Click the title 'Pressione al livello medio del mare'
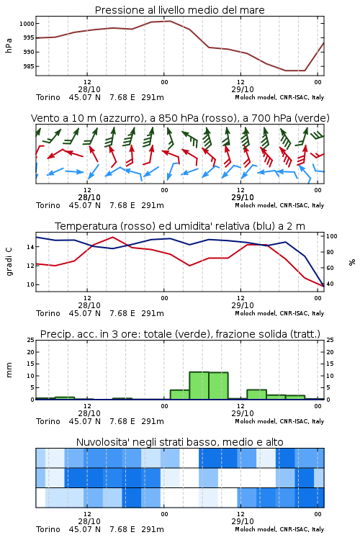pyautogui.click(x=179, y=10)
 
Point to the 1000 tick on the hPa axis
pyautogui.click(x=27, y=24)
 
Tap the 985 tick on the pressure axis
pyautogui.click(x=29, y=66)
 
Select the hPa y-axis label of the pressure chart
pyautogui.click(x=9, y=45)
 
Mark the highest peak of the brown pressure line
pyautogui.click(x=170, y=21)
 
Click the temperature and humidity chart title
pyautogui.click(x=180, y=226)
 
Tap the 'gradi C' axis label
pyautogui.click(x=9, y=261)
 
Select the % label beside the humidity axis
pyautogui.click(x=352, y=262)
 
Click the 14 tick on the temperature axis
pyautogui.click(x=31, y=247)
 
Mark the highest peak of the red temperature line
pyautogui.click(x=112, y=237)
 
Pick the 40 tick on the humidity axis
pyautogui.click(x=330, y=284)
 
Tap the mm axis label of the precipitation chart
pyautogui.click(x=9, y=369)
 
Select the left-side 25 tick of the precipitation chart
pyautogui.click(x=31, y=340)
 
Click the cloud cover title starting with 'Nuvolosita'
pyautogui.click(x=180, y=442)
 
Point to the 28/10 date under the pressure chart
pyautogui.click(x=89, y=89)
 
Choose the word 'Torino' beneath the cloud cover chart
pyautogui.click(x=48, y=529)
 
